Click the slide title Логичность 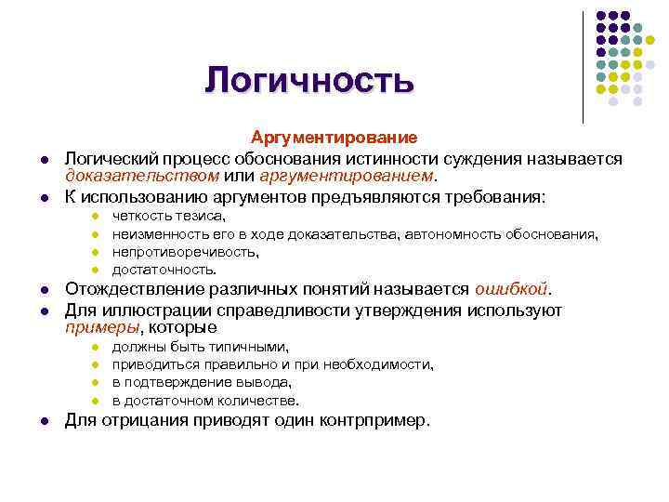[x=309, y=80]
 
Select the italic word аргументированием [x=346, y=176]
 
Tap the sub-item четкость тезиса [x=168, y=216]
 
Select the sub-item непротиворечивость [x=185, y=251]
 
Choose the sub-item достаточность [x=164, y=270]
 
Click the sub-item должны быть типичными [x=200, y=347]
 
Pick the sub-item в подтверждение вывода [x=201, y=382]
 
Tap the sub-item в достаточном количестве [x=205, y=401]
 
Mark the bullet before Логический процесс [x=45, y=160]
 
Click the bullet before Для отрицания [x=45, y=422]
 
